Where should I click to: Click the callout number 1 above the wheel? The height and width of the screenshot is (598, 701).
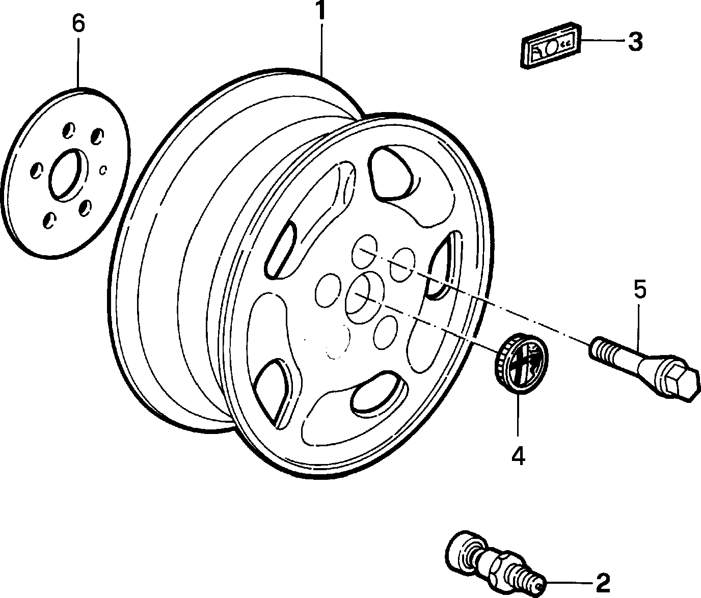point(320,10)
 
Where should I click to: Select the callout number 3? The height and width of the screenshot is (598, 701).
point(635,42)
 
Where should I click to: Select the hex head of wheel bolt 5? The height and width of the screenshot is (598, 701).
point(680,384)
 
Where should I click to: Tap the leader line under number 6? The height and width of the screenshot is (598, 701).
point(78,63)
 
